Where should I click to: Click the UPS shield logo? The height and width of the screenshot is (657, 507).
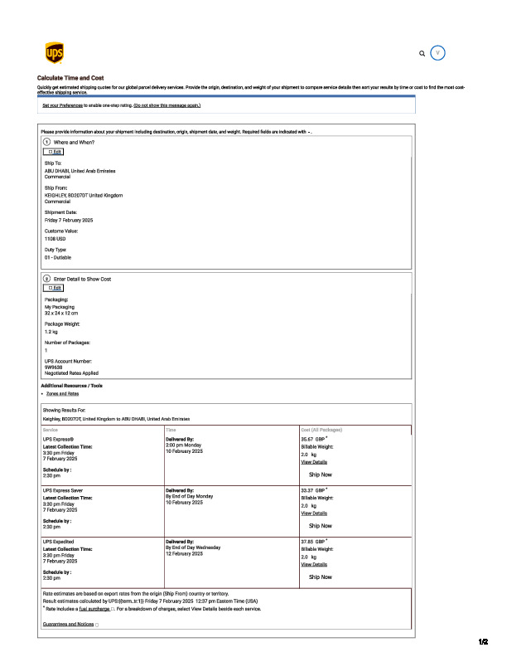coord(52,54)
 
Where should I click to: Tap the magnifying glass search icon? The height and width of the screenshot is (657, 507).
coord(422,53)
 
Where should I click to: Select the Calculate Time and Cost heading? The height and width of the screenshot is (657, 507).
coord(70,77)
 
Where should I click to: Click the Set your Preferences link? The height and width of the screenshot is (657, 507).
coord(63,105)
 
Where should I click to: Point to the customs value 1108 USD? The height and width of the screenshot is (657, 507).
coord(56,238)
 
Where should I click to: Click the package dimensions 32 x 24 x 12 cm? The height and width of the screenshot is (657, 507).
coord(61,312)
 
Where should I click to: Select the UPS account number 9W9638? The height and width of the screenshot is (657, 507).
coord(53,366)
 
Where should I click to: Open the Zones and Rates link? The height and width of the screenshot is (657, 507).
coord(63,393)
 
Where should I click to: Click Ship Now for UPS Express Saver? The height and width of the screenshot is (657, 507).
coord(320,526)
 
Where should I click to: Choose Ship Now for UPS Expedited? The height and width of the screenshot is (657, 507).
coord(320,577)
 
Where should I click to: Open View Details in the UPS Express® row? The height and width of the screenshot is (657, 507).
coord(314,462)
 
